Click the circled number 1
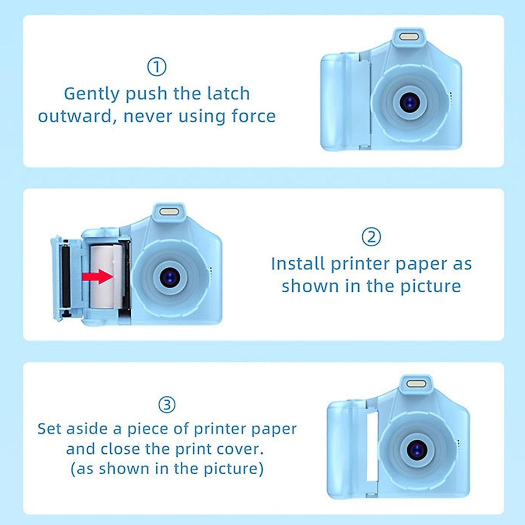point(157,67)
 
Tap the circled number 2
point(371,237)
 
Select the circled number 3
point(167,405)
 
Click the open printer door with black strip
point(66,278)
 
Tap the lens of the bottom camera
point(417,449)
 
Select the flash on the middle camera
point(169,212)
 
